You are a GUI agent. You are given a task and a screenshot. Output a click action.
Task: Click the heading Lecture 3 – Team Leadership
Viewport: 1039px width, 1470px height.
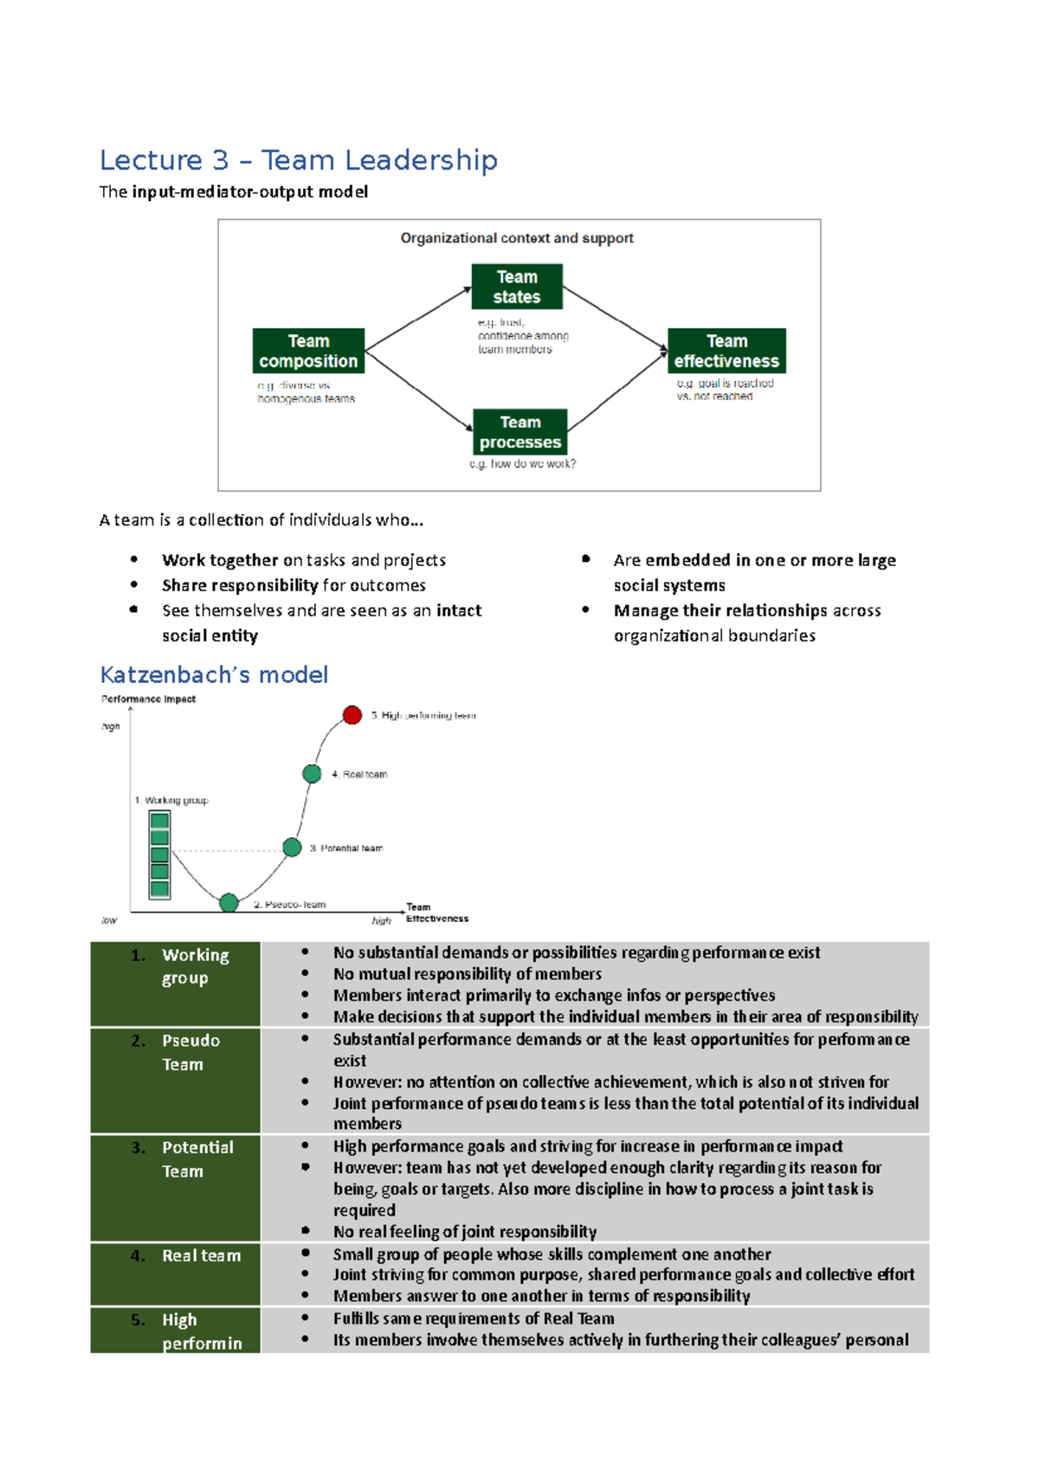tap(298, 160)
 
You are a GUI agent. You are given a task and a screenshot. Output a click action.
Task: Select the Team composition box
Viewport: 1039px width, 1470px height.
tap(308, 351)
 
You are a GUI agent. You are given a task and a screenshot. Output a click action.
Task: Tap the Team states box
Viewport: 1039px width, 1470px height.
tap(517, 287)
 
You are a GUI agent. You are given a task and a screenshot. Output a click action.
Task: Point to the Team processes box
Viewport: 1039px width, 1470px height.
tap(520, 432)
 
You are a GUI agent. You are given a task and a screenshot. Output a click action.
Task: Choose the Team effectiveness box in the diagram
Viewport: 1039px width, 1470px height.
tap(726, 351)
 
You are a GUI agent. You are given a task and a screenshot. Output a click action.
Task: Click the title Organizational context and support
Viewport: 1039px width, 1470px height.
tap(516, 238)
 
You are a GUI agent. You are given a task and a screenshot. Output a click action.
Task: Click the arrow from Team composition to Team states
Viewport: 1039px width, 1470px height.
tap(418, 319)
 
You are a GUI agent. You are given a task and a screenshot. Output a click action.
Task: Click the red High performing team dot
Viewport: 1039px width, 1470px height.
tap(352, 715)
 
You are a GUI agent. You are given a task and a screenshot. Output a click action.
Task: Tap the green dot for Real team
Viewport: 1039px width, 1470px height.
tap(312, 774)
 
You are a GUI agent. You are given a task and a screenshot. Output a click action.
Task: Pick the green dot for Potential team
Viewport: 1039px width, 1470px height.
tap(293, 848)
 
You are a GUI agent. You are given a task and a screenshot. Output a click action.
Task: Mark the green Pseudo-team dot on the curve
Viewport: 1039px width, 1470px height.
tap(229, 903)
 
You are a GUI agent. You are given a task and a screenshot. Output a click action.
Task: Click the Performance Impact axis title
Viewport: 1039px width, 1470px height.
tap(148, 699)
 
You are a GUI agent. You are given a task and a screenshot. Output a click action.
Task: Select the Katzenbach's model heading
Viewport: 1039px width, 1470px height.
tap(214, 674)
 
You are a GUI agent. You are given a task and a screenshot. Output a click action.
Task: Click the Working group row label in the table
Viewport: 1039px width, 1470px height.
tap(194, 966)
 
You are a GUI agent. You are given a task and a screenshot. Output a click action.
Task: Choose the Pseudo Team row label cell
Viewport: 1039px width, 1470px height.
tap(190, 1052)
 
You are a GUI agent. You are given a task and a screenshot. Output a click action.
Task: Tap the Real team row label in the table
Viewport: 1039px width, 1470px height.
tap(201, 1255)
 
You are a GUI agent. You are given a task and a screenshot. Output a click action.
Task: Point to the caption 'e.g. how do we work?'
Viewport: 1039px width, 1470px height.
tap(522, 464)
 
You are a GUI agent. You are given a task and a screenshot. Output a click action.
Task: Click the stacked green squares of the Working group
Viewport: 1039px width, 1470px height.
tap(159, 855)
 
